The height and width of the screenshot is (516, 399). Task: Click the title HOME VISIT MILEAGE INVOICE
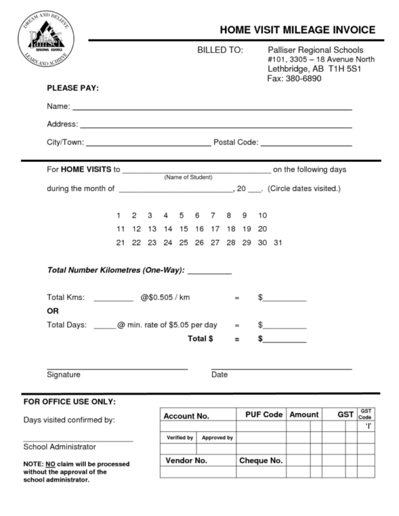click(297, 30)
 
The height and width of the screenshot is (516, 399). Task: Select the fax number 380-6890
click(295, 78)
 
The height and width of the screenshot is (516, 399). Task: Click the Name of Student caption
click(188, 178)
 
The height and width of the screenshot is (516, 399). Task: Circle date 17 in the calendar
click(214, 229)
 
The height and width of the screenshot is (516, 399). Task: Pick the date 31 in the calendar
click(278, 243)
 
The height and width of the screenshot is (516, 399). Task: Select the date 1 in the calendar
click(118, 216)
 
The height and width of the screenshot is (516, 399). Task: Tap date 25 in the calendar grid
click(183, 243)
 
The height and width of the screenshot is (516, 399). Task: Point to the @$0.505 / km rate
click(165, 298)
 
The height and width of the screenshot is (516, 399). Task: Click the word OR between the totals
click(52, 311)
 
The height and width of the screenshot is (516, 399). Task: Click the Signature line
click(117, 367)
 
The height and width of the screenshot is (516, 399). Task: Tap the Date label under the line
click(219, 375)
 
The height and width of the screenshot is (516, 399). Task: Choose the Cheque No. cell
click(260, 460)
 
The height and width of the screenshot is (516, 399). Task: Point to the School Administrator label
click(60, 447)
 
